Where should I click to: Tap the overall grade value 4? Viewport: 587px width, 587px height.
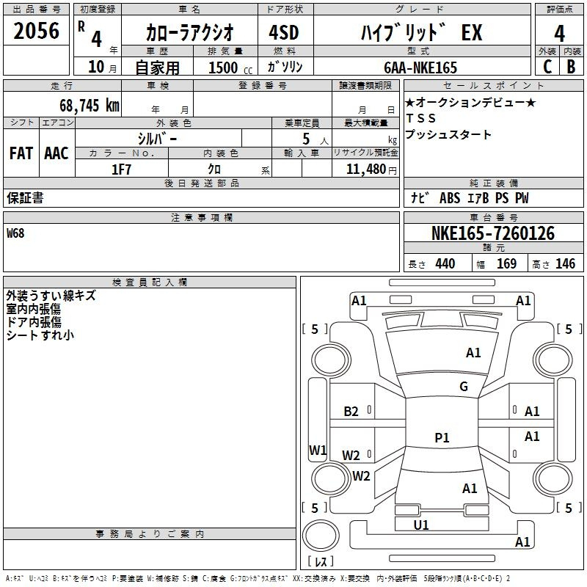(559, 33)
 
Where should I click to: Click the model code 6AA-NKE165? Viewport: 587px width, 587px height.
(420, 68)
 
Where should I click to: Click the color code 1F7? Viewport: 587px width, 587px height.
(121, 169)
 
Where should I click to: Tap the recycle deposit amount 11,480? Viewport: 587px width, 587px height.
(364, 169)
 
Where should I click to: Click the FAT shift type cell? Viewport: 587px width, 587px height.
(21, 153)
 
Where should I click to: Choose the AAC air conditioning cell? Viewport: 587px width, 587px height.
(56, 153)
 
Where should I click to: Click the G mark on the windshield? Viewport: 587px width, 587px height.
(463, 387)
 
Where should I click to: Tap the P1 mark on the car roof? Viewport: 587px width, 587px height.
(442, 438)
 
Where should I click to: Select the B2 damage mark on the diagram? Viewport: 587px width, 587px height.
(351, 412)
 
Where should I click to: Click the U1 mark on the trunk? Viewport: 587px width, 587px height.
(421, 525)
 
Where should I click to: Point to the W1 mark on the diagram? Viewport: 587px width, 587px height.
(317, 450)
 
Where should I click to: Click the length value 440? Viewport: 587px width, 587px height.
(445, 264)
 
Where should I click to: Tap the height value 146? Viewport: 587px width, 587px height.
(565, 264)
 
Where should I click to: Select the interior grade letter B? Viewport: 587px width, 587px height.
(571, 67)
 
